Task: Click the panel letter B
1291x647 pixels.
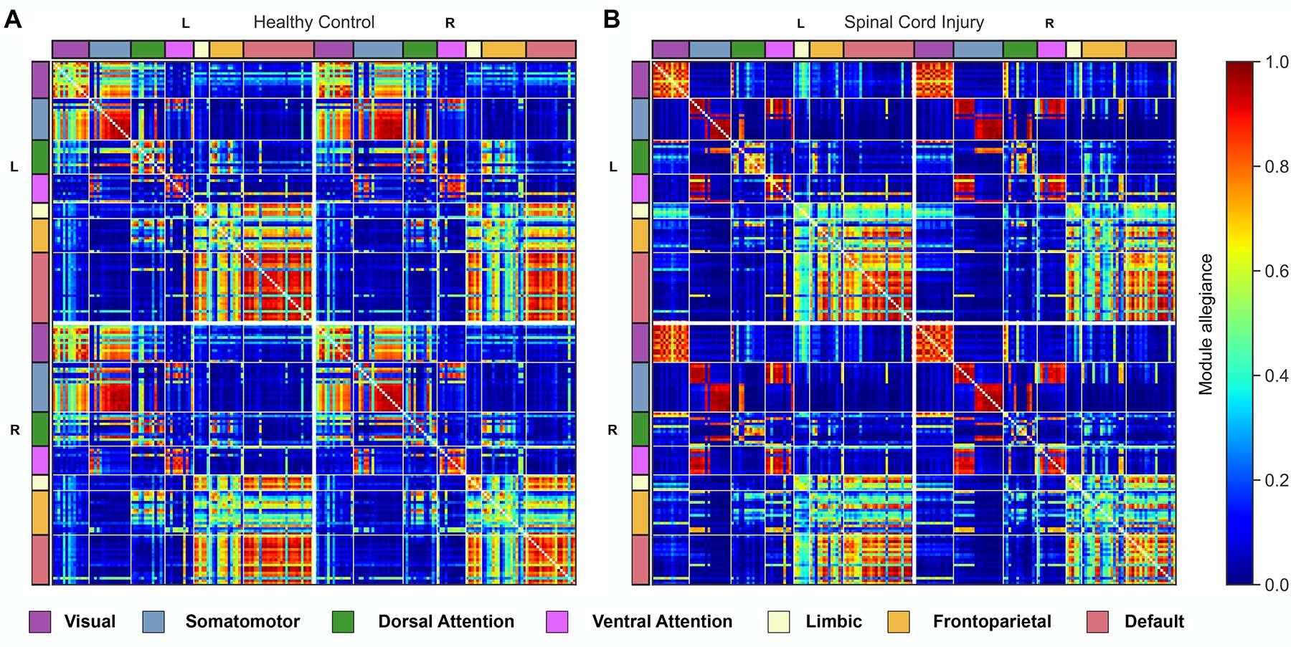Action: coord(611,19)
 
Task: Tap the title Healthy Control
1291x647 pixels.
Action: coord(313,22)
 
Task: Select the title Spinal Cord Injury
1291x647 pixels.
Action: coord(913,22)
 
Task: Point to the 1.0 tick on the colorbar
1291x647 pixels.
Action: coord(1276,62)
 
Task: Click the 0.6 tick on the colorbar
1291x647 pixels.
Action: coord(1276,272)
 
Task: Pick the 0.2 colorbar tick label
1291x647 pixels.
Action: coord(1276,480)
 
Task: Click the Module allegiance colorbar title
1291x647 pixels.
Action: coord(1206,324)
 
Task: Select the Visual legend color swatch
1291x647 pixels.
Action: coord(39,622)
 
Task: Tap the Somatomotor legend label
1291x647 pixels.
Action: coord(242,622)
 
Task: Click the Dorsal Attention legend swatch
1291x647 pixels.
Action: coord(343,622)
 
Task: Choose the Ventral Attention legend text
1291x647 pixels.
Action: coord(662,622)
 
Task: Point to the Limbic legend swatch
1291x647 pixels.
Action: coord(778,622)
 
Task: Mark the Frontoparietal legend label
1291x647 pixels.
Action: coord(992,622)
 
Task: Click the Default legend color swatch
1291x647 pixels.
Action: coord(1097,622)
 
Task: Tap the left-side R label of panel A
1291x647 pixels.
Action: coord(14,431)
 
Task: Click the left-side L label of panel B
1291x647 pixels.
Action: coord(613,167)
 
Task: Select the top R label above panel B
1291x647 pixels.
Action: coord(1049,24)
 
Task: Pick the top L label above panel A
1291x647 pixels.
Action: coord(186,24)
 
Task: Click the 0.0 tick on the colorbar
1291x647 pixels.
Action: coord(1276,585)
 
